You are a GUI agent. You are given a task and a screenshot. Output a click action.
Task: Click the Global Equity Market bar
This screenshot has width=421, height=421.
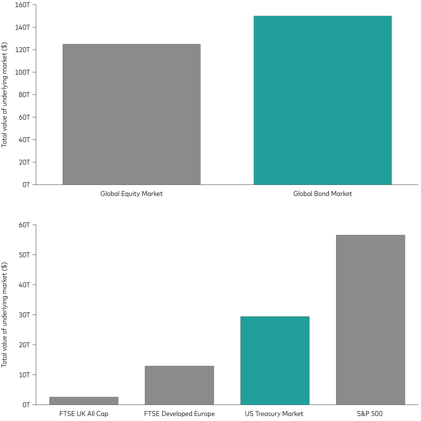point(132,114)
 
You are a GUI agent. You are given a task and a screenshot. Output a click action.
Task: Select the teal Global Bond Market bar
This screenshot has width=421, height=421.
point(322,100)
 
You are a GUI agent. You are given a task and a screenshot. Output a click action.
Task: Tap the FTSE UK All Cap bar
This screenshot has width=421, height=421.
point(84,401)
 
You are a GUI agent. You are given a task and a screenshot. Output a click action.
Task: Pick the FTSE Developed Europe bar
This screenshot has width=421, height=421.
point(179,385)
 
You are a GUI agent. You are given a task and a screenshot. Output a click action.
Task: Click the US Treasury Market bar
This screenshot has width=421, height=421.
point(275,360)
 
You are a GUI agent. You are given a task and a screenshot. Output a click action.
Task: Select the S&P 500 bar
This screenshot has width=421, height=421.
point(370,320)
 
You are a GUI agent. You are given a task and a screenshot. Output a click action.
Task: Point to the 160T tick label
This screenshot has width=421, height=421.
point(22,5)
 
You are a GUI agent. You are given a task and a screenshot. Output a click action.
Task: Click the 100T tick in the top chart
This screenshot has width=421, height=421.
point(22,72)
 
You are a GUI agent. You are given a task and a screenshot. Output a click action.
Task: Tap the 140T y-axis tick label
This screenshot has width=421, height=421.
point(22,27)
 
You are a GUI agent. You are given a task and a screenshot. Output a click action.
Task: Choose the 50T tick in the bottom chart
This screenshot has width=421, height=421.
point(24,255)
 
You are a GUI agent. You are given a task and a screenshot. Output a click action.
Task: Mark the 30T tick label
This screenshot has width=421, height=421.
point(24,315)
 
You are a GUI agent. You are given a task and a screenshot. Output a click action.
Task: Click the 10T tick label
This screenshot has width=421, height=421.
point(24,375)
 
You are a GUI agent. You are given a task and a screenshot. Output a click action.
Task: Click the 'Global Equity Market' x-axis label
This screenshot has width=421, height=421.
point(132,194)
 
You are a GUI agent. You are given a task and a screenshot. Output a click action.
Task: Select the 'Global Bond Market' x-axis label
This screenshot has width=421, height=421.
point(322,194)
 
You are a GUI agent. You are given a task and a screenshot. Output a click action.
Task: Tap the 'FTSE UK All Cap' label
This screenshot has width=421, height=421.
point(84,414)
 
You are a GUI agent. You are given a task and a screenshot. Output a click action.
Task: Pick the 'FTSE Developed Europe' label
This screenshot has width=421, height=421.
point(179,414)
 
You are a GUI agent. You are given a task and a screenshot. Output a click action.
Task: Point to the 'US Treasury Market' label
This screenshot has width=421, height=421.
point(274,414)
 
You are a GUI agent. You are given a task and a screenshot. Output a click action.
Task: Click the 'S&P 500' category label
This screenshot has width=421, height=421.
point(370,414)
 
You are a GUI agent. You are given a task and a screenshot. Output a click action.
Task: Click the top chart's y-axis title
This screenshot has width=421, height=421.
point(5,95)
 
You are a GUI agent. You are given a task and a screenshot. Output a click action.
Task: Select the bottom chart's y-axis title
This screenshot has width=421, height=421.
point(5,315)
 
